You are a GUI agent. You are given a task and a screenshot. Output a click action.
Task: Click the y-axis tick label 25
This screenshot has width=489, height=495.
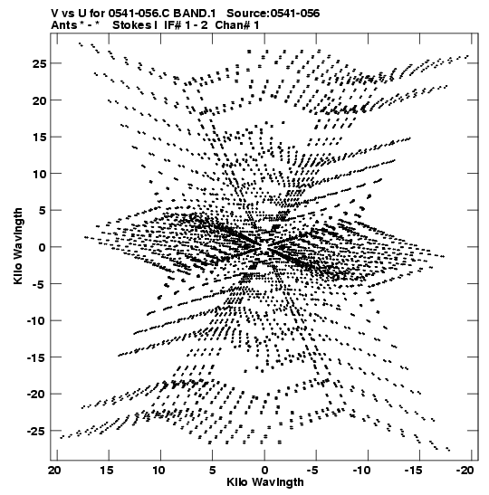pos(39,63)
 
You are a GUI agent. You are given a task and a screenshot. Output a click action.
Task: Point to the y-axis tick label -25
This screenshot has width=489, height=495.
pos(36,431)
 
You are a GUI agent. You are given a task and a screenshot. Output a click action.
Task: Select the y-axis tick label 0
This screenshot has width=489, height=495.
pos(43,247)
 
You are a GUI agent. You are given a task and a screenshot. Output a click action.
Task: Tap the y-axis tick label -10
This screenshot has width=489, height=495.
pos(36,320)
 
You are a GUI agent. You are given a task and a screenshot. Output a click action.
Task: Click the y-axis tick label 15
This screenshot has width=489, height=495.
pos(39,137)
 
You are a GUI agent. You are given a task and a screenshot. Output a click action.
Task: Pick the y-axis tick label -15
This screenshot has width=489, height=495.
pos(36,357)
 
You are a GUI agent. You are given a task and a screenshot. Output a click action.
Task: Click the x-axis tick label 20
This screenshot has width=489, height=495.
pos(54,471)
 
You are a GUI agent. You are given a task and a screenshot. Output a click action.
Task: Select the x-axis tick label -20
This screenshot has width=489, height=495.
pos(465,471)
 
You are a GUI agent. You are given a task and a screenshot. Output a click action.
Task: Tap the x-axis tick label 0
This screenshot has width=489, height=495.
pos(264,471)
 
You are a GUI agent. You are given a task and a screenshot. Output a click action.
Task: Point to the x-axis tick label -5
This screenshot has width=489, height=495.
pos(314,471)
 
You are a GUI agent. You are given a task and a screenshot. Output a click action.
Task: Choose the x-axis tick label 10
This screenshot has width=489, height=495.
pos(158,471)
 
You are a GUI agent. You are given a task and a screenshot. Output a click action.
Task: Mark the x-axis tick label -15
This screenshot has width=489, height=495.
pos(414,471)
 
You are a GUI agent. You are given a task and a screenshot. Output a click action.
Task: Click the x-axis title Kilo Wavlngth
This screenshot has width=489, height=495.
pos(265,482)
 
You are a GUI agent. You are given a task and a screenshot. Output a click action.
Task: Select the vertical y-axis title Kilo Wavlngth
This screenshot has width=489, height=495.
pos(18,246)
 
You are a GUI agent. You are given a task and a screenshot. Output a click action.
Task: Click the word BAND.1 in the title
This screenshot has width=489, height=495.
pos(195,14)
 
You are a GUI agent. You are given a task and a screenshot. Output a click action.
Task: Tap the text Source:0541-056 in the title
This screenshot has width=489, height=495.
pos(273,14)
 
